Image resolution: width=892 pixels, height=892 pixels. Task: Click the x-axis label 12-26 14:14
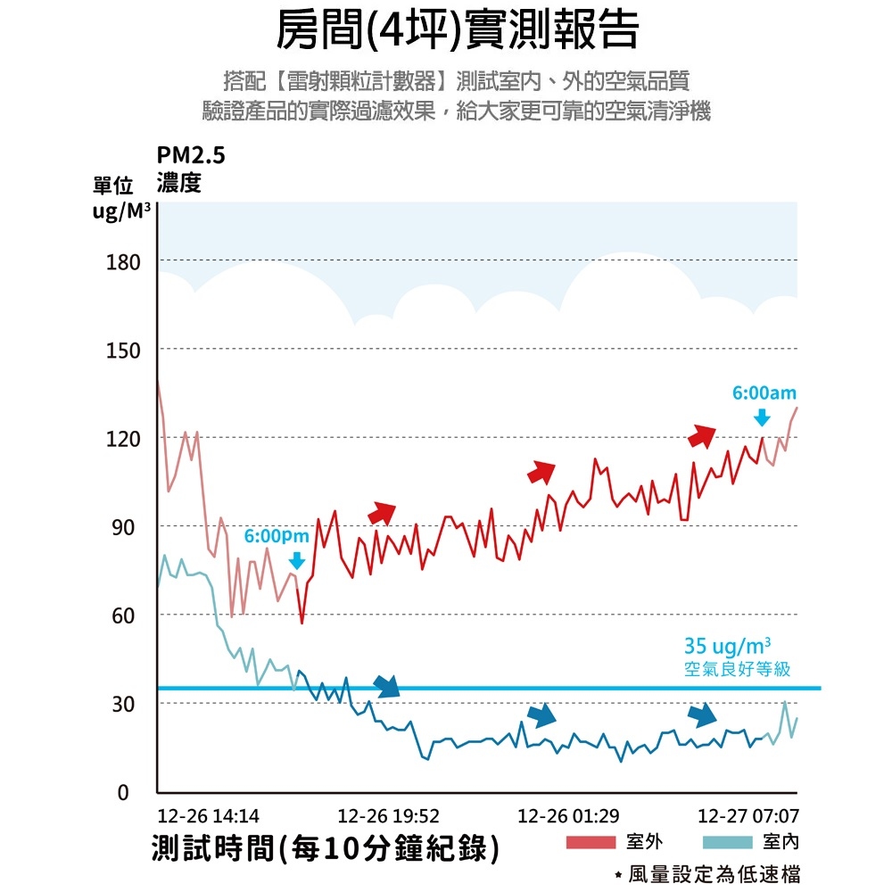(x=208, y=816)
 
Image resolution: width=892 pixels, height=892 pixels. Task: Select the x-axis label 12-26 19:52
(x=389, y=816)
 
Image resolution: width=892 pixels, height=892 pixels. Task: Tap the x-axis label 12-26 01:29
(x=568, y=816)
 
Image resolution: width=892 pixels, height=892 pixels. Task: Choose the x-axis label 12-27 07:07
(x=748, y=816)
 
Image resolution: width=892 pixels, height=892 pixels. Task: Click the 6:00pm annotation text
(x=277, y=537)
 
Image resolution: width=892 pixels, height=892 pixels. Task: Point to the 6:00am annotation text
(x=764, y=393)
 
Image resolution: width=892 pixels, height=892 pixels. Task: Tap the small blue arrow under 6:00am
(x=762, y=417)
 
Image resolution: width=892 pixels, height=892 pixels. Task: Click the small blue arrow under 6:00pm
(x=297, y=560)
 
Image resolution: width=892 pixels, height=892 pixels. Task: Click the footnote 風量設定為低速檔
(x=714, y=875)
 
